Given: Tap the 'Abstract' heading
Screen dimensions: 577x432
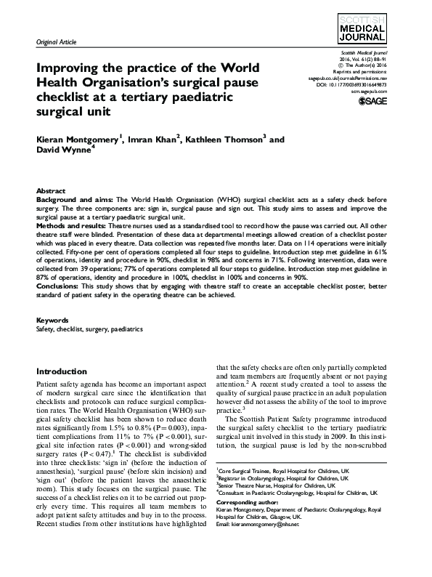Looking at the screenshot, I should (51, 190).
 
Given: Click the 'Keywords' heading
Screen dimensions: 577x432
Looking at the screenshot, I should (52, 320).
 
